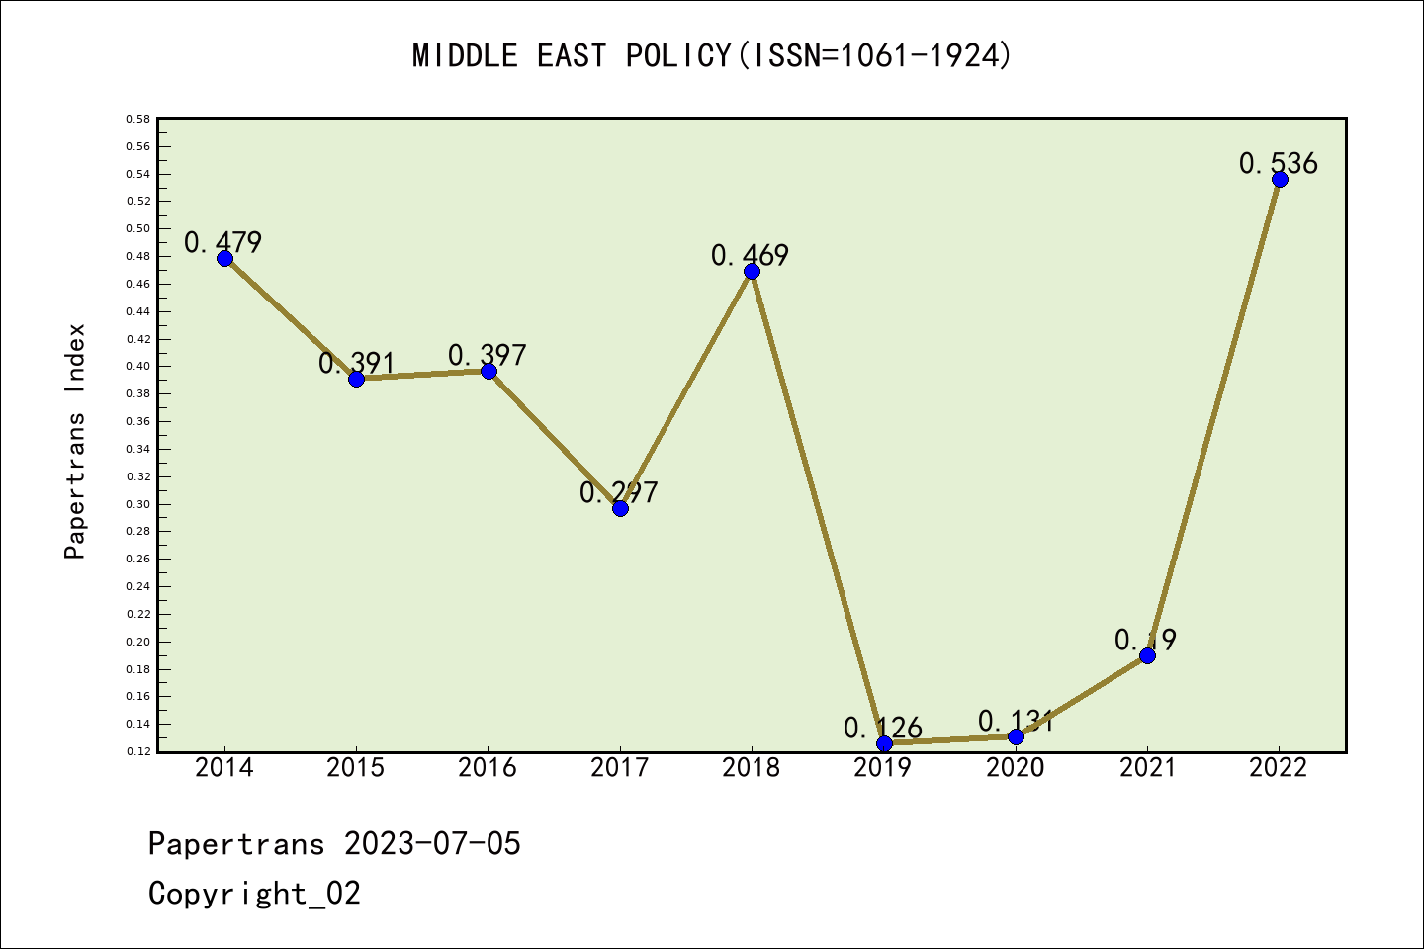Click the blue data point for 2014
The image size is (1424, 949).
click(224, 258)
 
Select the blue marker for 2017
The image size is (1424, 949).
click(620, 508)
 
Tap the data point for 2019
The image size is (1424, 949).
click(884, 743)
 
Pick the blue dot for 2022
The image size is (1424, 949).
click(1280, 179)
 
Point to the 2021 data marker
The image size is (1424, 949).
click(1147, 655)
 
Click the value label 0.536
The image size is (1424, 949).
click(1278, 163)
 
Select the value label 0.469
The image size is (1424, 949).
click(750, 256)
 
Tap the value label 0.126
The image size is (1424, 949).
click(882, 729)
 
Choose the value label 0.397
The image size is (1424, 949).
click(487, 355)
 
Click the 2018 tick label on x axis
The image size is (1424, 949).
click(752, 768)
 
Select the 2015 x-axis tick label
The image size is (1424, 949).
click(356, 768)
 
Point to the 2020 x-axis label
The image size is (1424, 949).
click(1016, 768)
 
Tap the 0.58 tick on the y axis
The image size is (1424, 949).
click(137, 120)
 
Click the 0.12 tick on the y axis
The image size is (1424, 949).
click(137, 752)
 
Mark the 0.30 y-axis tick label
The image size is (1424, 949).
click(137, 504)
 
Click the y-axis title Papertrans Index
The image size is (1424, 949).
click(75, 441)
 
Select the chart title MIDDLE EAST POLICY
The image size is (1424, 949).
click(712, 56)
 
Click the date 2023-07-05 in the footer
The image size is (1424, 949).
click(432, 844)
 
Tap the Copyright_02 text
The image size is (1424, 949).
click(254, 894)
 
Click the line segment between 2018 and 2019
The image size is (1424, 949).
click(818, 507)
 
